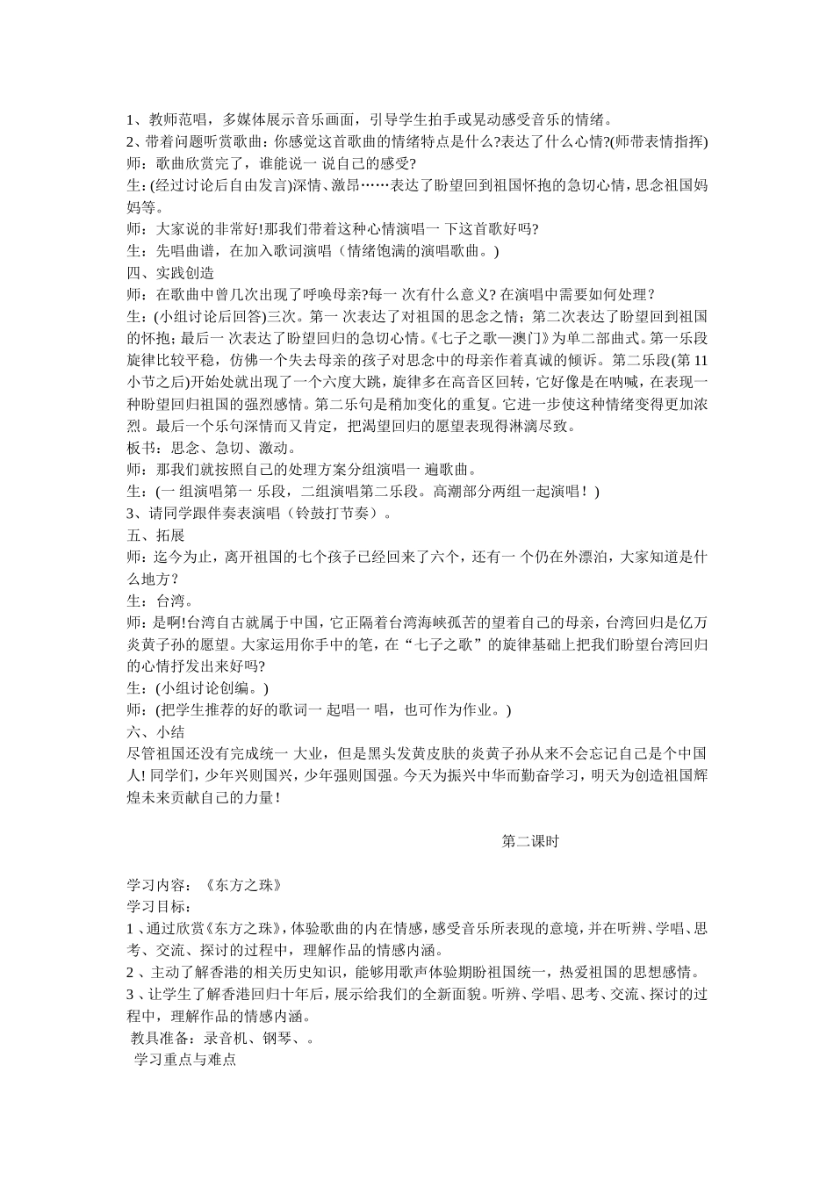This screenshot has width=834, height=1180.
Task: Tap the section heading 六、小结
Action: point(155,731)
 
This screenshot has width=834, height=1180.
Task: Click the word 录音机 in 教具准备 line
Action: point(225,1038)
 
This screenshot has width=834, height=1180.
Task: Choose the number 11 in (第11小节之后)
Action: point(697,360)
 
